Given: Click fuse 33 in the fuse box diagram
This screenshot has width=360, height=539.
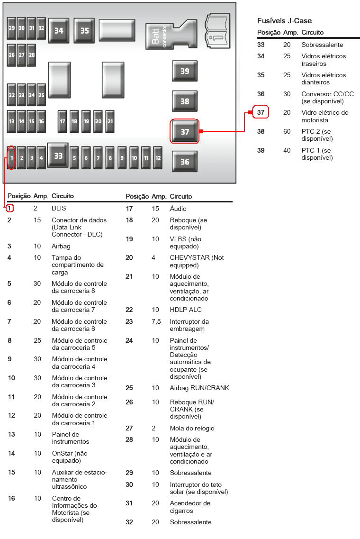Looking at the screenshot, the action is [58, 155].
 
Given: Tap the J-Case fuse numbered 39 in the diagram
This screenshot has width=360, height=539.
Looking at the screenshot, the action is [185, 71].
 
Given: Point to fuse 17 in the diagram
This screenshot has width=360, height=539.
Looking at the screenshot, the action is [62, 121].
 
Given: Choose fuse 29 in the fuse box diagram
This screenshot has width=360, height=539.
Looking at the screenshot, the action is [12, 28].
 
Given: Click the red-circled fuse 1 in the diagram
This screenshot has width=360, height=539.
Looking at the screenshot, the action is [11, 158].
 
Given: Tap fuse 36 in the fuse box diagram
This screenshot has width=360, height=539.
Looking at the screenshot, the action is [185, 162].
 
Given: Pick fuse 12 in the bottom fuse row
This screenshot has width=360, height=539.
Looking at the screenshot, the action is [158, 158].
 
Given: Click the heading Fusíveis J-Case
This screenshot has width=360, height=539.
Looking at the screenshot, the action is [284, 21].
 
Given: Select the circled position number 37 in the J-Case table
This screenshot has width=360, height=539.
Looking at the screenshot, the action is [261, 112].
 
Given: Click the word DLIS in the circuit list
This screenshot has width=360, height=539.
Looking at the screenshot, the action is [59, 208].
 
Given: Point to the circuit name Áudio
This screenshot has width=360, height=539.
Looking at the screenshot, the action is [178, 208].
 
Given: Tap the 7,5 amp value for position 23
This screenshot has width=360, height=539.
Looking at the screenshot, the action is [156, 321].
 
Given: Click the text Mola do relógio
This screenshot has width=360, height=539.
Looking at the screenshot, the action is [192, 429].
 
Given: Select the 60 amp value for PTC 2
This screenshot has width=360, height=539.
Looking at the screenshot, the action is [287, 131].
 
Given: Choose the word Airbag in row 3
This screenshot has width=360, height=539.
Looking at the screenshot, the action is [61, 246].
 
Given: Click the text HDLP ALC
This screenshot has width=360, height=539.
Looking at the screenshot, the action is [186, 310].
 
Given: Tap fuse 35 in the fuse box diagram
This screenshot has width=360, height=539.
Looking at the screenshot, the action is [84, 31].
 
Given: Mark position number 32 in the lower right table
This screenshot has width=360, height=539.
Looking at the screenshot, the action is [129, 522].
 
